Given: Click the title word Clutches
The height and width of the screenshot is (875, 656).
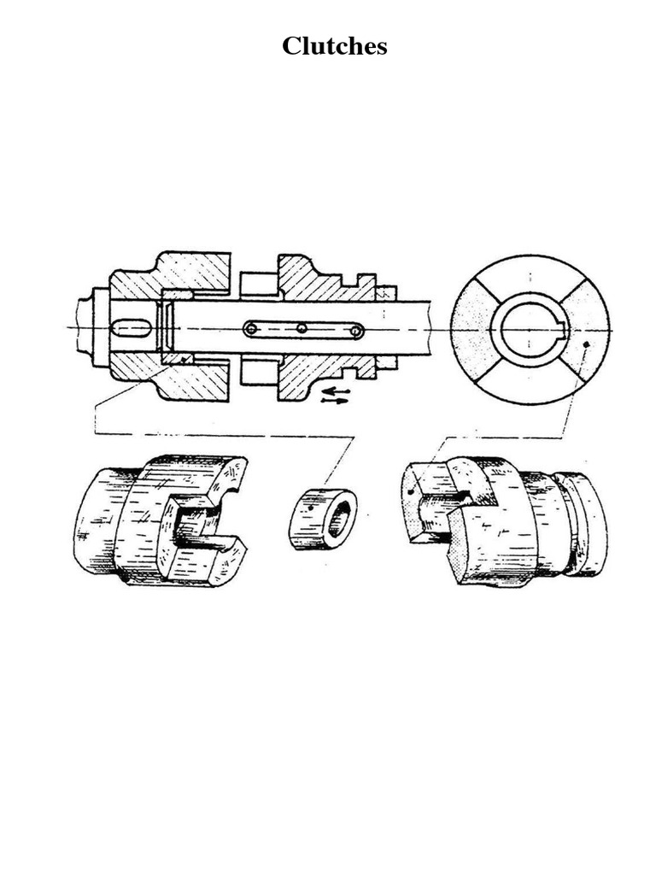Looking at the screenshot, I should coord(334,46).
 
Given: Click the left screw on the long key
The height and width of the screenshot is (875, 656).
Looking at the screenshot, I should coord(249,329).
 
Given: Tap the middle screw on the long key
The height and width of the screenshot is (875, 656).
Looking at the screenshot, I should coord(302,328).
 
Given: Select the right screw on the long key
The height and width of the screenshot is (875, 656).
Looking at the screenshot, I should coord(356,329).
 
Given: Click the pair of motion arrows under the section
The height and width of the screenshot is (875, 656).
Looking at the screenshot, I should coord(336,395).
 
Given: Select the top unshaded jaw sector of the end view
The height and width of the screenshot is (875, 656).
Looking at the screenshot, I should coord(530,278).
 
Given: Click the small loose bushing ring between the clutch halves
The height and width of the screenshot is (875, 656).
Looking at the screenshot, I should coord(324,512).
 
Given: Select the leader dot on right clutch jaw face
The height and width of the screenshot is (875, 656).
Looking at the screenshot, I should coord(413,492).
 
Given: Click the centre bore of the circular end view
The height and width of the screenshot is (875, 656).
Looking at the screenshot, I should coord(530,330).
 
